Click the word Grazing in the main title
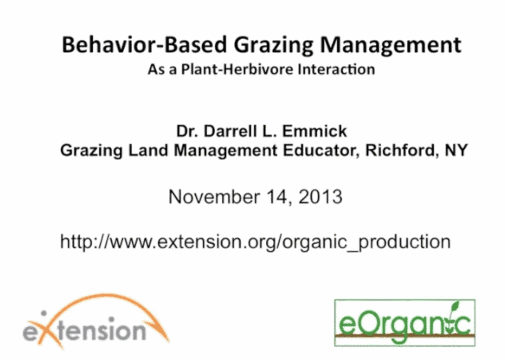pyautogui.click(x=273, y=45)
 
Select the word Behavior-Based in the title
pyautogui.click(x=144, y=44)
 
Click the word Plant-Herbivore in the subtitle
pyautogui.click(x=237, y=69)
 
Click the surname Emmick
pyautogui.click(x=314, y=131)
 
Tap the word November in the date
pyautogui.click(x=214, y=196)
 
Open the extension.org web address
pyautogui.click(x=255, y=242)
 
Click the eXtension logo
pyautogui.click(x=96, y=322)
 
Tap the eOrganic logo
pyautogui.click(x=405, y=323)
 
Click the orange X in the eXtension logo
pyautogui.click(x=48, y=332)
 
